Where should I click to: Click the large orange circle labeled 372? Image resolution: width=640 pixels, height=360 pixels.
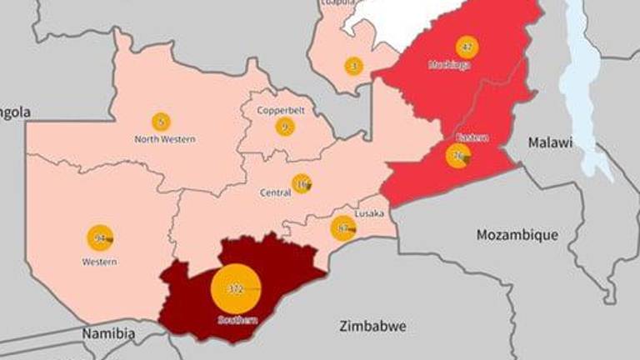click(236, 289)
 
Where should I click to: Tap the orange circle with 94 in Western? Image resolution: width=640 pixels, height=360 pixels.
click(100, 238)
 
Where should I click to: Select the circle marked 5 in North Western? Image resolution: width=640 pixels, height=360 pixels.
click(161, 122)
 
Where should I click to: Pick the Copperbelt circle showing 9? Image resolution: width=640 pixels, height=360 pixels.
click(285, 127)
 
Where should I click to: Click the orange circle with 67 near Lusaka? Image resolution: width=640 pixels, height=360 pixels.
click(342, 227)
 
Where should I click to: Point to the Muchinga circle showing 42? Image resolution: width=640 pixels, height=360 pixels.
click(467, 47)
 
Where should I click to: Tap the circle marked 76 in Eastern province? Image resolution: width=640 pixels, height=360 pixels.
click(457, 156)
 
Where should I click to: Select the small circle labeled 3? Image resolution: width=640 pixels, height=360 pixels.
click(353, 66)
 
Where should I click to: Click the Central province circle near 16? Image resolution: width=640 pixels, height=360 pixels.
click(301, 184)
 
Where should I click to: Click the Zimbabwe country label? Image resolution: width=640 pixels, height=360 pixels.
click(373, 326)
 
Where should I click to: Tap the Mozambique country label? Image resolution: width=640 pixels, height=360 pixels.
click(517, 235)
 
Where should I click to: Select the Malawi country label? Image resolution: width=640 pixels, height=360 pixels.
click(551, 142)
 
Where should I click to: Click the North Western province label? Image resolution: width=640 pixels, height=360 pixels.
click(165, 139)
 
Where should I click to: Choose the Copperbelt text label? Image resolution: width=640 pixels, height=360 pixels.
click(279, 110)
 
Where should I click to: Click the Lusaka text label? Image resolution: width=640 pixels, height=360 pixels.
click(369, 214)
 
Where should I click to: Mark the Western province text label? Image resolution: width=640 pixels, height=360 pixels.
click(100, 262)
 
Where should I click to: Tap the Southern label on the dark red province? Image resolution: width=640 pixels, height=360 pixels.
click(237, 319)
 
